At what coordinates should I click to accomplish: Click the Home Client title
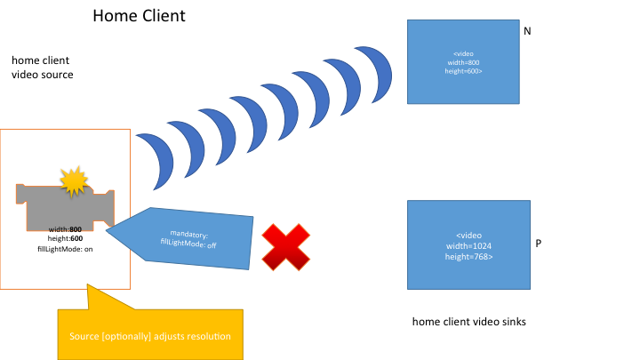click(x=139, y=17)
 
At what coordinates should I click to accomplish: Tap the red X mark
click(x=285, y=246)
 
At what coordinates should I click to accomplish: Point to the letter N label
click(x=527, y=31)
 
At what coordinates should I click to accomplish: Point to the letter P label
click(x=540, y=242)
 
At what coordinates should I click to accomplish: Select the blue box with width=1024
click(x=468, y=245)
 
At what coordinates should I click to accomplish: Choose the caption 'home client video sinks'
click(x=469, y=321)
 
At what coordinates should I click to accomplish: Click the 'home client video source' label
click(x=42, y=68)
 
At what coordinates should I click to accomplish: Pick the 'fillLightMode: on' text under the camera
click(x=65, y=250)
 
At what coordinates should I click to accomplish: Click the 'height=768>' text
click(x=468, y=256)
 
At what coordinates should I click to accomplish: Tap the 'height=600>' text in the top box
click(x=462, y=71)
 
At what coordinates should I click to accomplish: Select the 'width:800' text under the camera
click(x=65, y=229)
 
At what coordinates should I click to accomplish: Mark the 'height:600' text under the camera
click(x=65, y=239)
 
